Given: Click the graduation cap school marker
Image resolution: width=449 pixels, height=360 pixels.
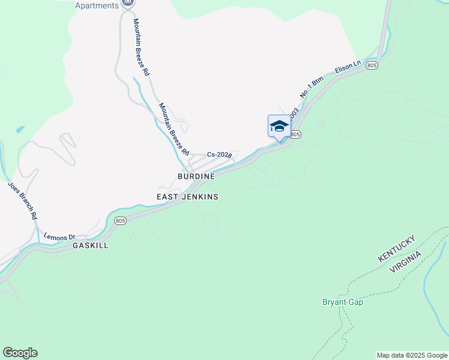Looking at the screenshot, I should click(279, 126).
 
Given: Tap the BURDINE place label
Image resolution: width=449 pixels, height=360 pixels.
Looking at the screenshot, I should click(196, 177).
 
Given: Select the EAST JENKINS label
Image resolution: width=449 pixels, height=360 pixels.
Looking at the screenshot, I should click(187, 197).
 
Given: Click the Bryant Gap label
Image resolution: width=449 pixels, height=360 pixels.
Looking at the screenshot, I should click(343, 302).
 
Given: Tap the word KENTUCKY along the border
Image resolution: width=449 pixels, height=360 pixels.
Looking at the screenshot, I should click(396, 248).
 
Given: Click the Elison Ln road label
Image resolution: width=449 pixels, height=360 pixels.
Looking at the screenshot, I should click(348, 67).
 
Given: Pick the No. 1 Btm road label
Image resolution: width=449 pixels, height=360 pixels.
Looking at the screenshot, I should click(312, 87).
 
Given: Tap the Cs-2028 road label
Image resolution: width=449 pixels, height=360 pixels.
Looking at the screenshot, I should click(219, 155).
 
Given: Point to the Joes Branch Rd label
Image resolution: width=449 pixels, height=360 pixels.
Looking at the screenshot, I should click(23, 200).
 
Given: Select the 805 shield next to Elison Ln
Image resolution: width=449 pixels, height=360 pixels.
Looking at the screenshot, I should click(372, 65).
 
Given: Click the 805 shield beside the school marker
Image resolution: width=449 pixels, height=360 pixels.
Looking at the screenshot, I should click(295, 134).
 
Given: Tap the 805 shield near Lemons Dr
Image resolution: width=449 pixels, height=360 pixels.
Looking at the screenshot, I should click(120, 221).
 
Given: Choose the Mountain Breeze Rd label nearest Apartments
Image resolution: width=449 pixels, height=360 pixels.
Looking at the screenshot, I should click(141, 46).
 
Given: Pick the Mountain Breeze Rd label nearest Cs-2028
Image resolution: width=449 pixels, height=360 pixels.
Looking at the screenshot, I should click(173, 127).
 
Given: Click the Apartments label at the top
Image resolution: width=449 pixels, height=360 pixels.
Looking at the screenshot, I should click(97, 6).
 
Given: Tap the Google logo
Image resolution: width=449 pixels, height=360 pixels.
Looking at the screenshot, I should click(20, 353).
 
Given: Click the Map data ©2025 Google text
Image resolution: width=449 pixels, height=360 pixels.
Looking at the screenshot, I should click(412, 355).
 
